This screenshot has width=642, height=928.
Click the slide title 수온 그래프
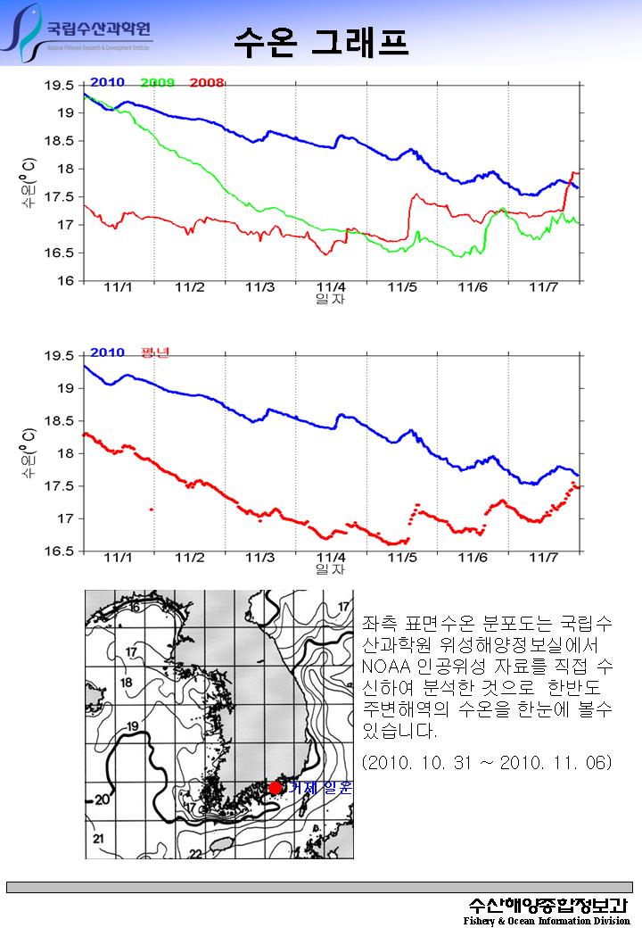(x=321, y=39)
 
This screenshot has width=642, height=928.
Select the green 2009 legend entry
(x=158, y=83)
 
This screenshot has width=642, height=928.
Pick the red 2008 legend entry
(x=206, y=83)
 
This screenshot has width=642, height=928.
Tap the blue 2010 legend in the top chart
(x=107, y=83)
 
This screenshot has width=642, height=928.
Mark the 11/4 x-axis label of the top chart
(x=331, y=287)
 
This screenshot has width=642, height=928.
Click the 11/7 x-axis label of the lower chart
(x=543, y=558)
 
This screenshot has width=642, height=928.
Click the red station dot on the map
(x=275, y=787)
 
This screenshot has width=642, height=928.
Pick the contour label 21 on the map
(x=97, y=839)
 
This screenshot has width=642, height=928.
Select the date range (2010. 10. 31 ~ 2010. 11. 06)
(x=488, y=764)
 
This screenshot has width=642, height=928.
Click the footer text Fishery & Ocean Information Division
(x=546, y=921)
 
